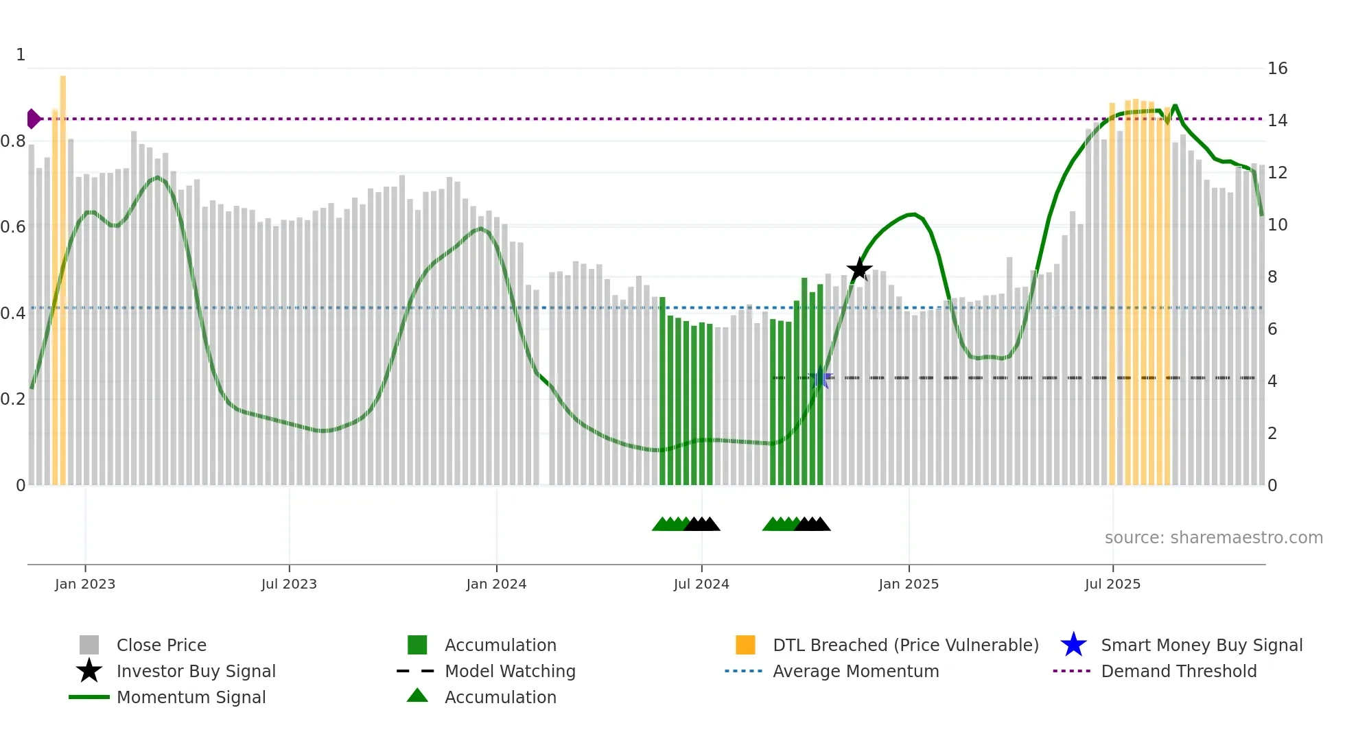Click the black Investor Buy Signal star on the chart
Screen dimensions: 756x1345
(x=859, y=270)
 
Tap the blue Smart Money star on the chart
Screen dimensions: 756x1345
(x=820, y=377)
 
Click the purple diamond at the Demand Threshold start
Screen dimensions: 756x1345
(x=33, y=119)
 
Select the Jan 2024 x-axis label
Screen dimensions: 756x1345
(x=496, y=584)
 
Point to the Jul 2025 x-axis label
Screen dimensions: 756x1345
(x=1112, y=584)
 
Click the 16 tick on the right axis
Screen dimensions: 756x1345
(x=1277, y=69)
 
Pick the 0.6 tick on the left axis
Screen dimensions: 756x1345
(x=13, y=227)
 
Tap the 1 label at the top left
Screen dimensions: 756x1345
(x=21, y=55)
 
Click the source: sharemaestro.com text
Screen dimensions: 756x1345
(x=1213, y=538)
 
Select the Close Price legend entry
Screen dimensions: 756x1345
(x=161, y=645)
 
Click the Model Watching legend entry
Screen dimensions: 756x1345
(x=510, y=671)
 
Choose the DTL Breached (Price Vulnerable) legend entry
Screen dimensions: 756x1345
(x=905, y=645)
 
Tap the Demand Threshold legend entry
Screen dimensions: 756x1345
(x=1178, y=671)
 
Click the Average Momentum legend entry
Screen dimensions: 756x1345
(x=856, y=671)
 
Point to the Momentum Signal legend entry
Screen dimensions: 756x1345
(x=191, y=697)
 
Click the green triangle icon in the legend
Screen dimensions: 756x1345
(x=417, y=696)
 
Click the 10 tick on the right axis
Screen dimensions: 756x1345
(x=1277, y=225)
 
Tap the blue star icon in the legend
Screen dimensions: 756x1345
(x=1073, y=645)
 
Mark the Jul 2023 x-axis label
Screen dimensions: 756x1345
(x=289, y=584)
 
